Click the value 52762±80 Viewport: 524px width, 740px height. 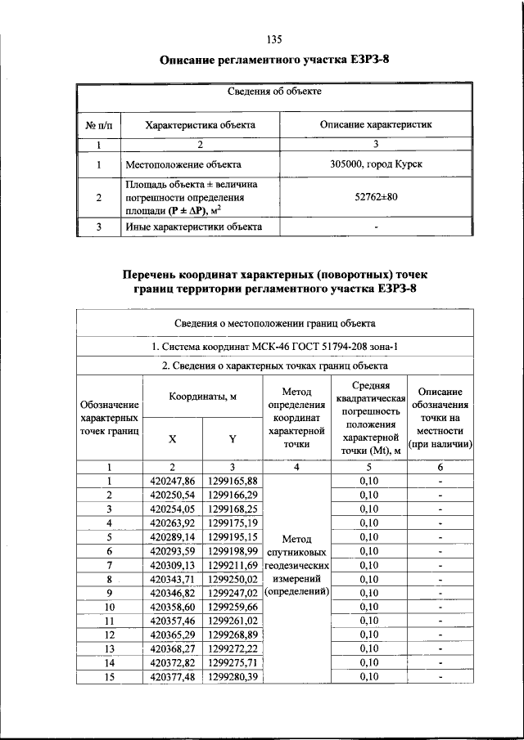click(x=376, y=197)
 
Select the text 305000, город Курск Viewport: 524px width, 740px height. click(x=376, y=164)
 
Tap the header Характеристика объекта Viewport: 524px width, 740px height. click(x=200, y=125)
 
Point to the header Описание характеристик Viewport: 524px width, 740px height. click(x=376, y=125)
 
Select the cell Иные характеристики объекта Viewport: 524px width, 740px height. click(x=193, y=226)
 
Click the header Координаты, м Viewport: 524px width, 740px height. click(x=202, y=397)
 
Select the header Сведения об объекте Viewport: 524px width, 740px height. click(x=273, y=92)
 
